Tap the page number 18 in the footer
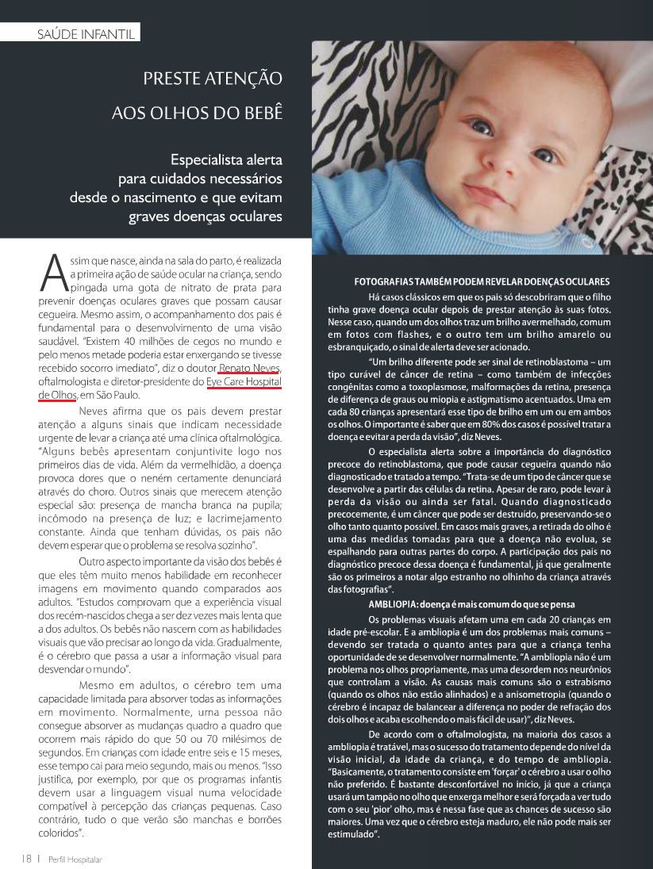click(x=25, y=858)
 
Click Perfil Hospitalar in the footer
click(x=75, y=859)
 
